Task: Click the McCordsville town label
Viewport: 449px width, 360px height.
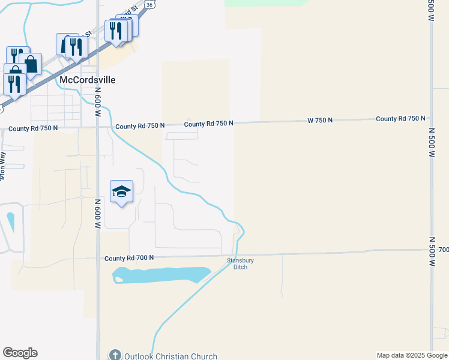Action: [x=88, y=80]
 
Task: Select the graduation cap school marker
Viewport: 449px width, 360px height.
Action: [x=121, y=192]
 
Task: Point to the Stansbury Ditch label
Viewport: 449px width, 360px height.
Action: [x=237, y=263]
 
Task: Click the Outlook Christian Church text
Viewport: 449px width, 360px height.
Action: [x=170, y=356]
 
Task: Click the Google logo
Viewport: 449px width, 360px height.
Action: [x=20, y=353]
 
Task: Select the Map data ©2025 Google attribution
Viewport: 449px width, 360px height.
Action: [x=411, y=355]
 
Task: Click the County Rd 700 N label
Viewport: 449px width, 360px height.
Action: [x=129, y=258]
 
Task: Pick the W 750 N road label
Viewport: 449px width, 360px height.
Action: [x=319, y=121]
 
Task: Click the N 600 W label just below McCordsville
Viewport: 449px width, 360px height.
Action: [x=97, y=99]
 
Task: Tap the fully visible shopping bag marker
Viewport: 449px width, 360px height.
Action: [x=31, y=64]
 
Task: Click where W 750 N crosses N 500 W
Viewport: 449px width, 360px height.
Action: [x=431, y=119]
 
